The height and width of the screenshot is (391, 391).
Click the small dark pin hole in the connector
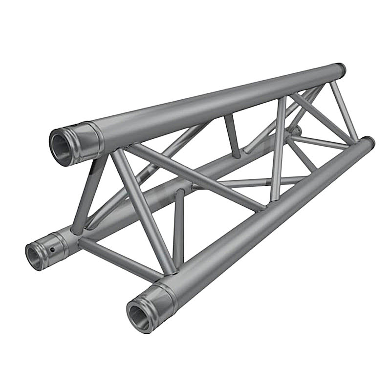coord(52,250)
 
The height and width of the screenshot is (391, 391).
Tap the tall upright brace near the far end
coord(279,147)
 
